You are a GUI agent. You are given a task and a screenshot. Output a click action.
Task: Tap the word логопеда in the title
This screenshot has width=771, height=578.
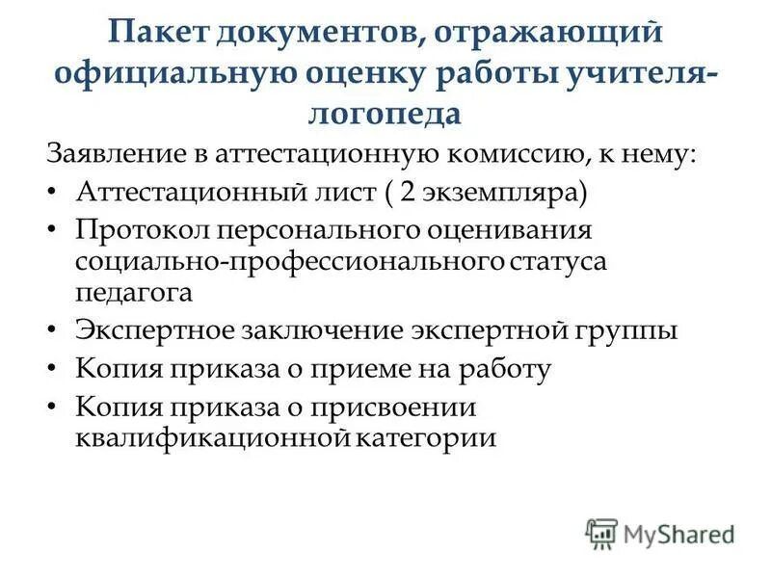pos(385,113)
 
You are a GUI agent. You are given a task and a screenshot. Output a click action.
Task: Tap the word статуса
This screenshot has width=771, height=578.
pos(560,262)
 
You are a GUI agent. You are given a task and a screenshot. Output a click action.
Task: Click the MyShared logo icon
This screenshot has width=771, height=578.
pos(601,533)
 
